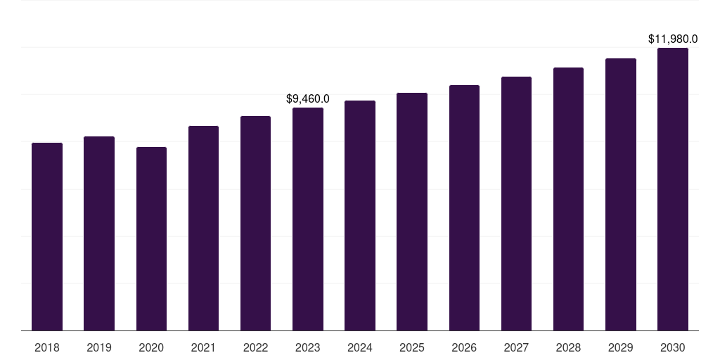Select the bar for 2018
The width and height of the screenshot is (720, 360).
[x=47, y=236]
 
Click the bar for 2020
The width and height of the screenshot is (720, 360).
[x=151, y=238]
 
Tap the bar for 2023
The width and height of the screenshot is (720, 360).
[x=308, y=219]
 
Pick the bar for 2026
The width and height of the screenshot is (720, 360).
[x=464, y=207]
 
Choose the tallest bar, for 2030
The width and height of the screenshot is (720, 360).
[x=673, y=189]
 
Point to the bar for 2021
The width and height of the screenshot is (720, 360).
[x=203, y=228]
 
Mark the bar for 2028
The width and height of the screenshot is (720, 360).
[x=568, y=199]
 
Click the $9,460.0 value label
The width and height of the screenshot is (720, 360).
[x=308, y=99]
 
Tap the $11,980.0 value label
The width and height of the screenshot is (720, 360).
[x=673, y=39]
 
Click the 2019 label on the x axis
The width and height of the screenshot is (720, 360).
[x=99, y=347]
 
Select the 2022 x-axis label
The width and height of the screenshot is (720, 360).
[x=255, y=347]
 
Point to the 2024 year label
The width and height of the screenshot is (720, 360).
[x=360, y=347]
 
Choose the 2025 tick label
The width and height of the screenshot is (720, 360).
[x=412, y=347]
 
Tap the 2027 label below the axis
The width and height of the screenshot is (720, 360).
[x=516, y=347]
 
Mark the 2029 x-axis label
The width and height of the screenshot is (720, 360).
[x=620, y=347]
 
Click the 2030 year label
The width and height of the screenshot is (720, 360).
[x=673, y=347]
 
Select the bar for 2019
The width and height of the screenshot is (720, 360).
[x=99, y=233]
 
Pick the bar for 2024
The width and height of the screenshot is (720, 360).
[x=360, y=215]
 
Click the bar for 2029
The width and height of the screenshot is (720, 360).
[x=620, y=194]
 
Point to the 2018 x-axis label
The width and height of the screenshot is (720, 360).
[x=47, y=347]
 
